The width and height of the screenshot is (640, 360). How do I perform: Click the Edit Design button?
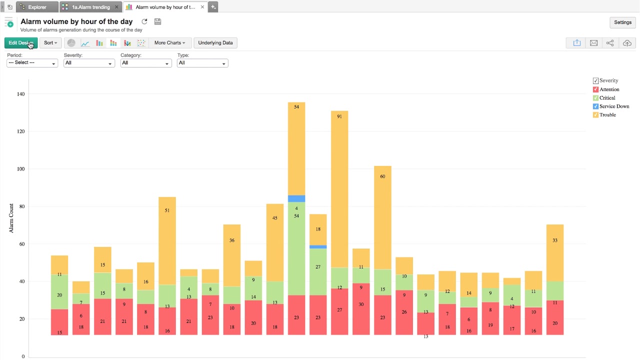click(x=20, y=43)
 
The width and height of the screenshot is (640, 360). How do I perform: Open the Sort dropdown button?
click(x=50, y=43)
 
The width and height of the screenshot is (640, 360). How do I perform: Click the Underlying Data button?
click(x=215, y=43)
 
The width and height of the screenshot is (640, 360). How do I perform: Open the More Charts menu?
click(x=169, y=43)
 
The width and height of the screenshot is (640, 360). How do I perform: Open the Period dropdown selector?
click(x=32, y=63)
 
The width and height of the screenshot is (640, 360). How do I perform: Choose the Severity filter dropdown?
click(x=89, y=63)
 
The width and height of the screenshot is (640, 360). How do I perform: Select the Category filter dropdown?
click(x=146, y=63)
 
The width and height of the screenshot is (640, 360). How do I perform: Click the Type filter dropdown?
click(x=202, y=63)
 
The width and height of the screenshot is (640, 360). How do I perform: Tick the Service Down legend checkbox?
click(x=595, y=106)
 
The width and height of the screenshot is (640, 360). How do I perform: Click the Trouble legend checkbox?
click(x=595, y=115)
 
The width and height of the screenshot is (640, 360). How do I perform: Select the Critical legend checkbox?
click(x=595, y=98)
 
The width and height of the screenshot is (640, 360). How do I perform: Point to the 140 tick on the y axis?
click(x=20, y=94)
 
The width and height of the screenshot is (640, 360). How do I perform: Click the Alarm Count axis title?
click(x=11, y=218)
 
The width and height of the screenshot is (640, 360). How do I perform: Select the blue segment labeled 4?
click(x=296, y=198)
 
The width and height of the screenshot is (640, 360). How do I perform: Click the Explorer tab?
click(x=37, y=7)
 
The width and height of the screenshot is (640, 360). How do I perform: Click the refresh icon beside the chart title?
click(x=144, y=21)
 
